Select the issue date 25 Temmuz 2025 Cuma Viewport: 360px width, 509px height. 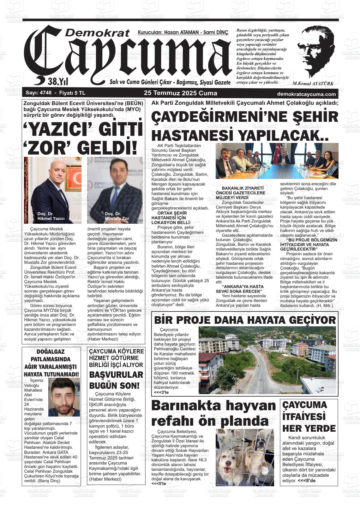pyautogui.click(x=180, y=93)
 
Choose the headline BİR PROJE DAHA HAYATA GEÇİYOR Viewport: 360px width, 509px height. pyautogui.click(x=245, y=320)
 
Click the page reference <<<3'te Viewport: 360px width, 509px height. pyautogui.click(x=161, y=392)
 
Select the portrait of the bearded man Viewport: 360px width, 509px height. pyautogui.click(x=64, y=397)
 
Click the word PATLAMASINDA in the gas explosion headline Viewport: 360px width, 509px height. pyautogui.click(x=51, y=359)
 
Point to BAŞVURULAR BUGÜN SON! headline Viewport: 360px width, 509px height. pyautogui.click(x=116, y=380)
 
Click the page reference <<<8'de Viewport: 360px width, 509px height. pyautogui.click(x=307, y=481)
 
